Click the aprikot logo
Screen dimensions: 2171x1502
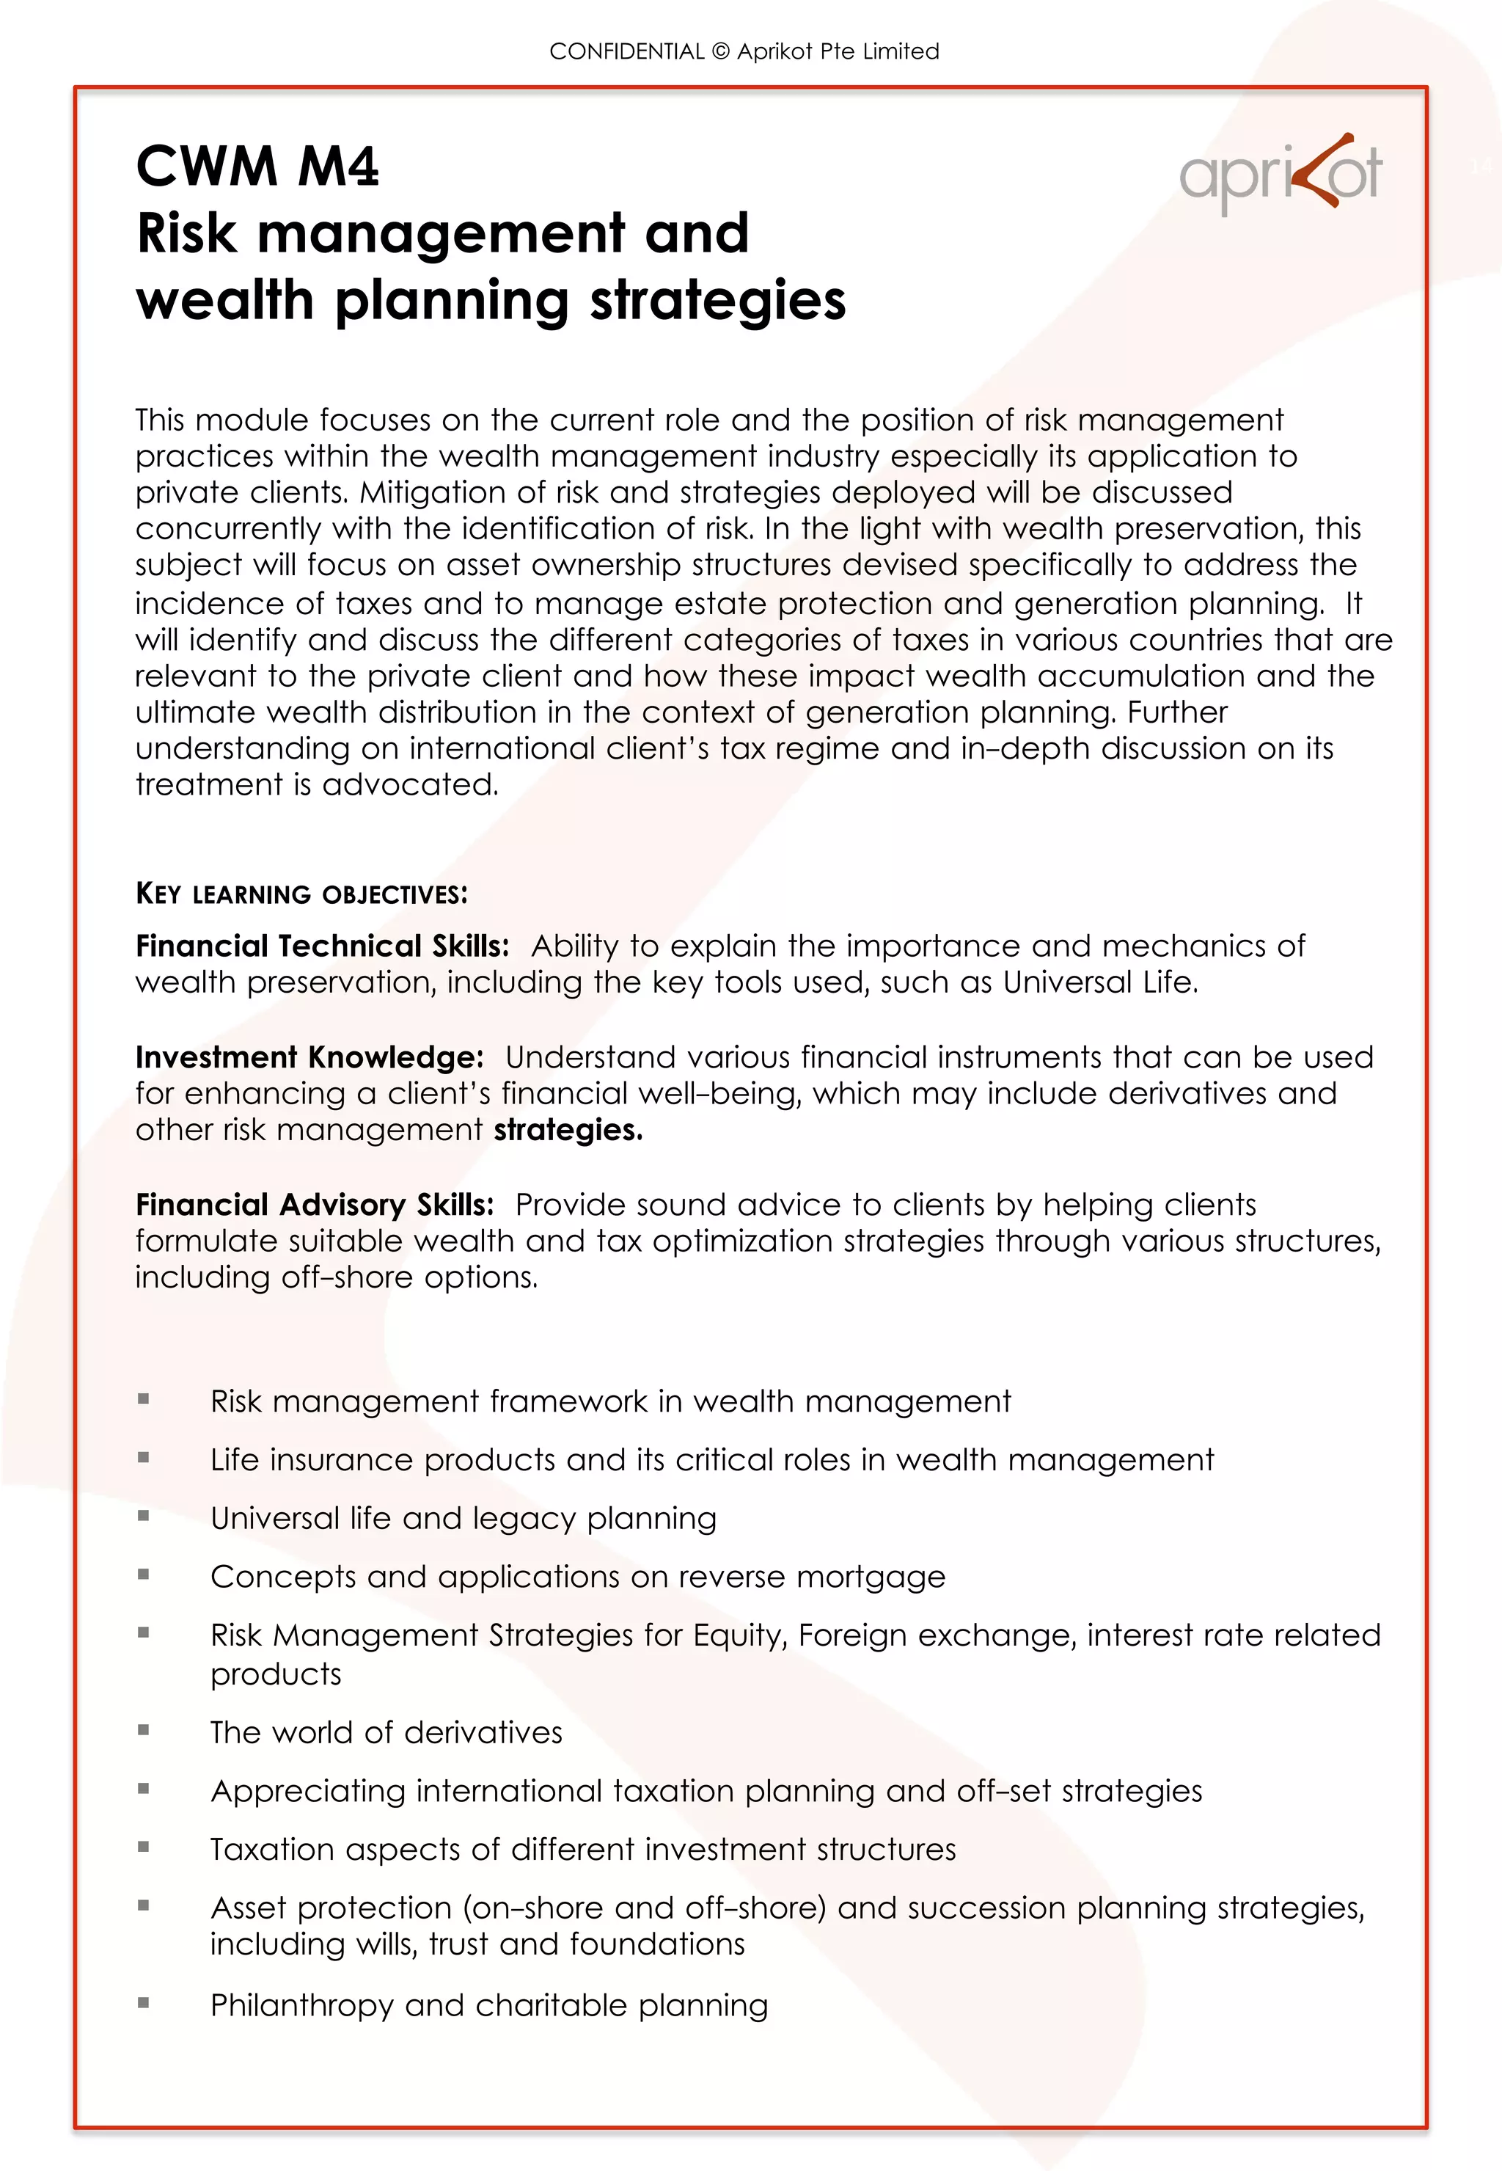[x=1280, y=174]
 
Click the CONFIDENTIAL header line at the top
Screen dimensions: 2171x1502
[x=744, y=52]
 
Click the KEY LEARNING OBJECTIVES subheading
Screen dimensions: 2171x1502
[x=301, y=894]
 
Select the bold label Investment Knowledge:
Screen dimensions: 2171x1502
[x=309, y=1057]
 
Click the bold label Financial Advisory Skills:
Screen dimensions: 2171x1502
[x=315, y=1205]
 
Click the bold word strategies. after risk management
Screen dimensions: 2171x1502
[x=568, y=1130]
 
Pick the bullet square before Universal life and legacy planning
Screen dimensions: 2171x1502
[x=143, y=1516]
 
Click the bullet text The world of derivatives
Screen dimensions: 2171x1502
[x=386, y=1732]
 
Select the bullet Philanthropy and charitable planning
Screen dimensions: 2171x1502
[x=488, y=2005]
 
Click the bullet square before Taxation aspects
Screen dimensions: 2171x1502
[x=143, y=1847]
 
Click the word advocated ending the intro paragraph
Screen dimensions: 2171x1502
[x=408, y=784]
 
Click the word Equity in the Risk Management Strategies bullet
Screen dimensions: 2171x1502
[x=738, y=1635]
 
